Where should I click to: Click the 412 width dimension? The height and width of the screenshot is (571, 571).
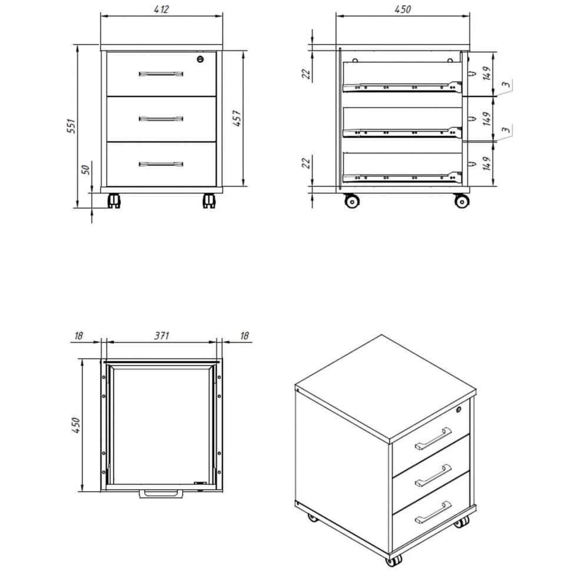point(161,9)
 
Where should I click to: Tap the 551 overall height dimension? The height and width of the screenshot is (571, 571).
point(72,125)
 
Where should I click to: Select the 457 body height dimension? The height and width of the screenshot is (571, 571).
point(237,118)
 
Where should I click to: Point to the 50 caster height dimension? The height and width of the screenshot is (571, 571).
point(85,170)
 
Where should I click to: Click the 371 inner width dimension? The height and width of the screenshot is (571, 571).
point(161,336)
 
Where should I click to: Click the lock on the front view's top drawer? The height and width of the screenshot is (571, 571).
point(200,59)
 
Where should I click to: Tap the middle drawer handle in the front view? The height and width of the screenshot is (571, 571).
point(161,119)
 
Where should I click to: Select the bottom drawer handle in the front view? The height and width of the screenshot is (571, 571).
point(161,164)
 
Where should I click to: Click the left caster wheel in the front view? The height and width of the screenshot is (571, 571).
point(114,201)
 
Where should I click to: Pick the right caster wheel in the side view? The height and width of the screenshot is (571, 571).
point(462,201)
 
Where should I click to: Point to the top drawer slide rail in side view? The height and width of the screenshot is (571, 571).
point(402,87)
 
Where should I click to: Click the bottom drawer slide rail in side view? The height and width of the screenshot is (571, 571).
point(402,177)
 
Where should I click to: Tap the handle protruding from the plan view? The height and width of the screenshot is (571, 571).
point(161,494)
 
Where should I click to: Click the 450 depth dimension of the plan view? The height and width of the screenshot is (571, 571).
point(76,425)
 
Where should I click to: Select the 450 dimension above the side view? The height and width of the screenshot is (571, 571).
point(403,9)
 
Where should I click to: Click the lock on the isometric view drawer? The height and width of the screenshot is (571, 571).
point(459,409)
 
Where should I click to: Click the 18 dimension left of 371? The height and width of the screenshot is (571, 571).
point(79,336)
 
